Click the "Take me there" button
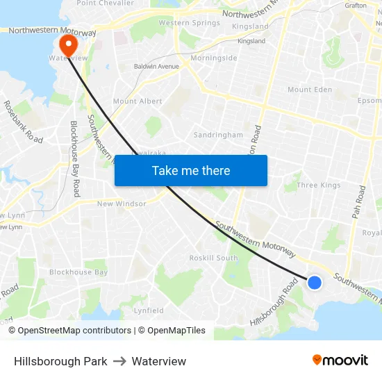pyautogui.click(x=191, y=170)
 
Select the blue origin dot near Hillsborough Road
pyautogui.click(x=315, y=282)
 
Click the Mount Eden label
pyautogui.click(x=310, y=90)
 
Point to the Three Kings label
pyautogui.click(x=318, y=185)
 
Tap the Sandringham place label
pyautogui.click(x=218, y=135)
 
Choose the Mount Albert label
pyautogui.click(x=138, y=101)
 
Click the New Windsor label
pyautogui.click(x=122, y=204)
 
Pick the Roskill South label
pyautogui.click(x=213, y=258)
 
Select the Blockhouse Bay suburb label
pyautogui.click(x=78, y=272)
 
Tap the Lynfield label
pyautogui.click(x=149, y=310)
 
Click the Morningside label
pyautogui.click(x=213, y=58)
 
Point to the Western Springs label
pyautogui.click(x=190, y=23)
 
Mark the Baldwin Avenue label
pyautogui.click(x=156, y=67)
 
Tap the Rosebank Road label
pyautogui.click(x=24, y=122)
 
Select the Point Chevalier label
pyautogui.click(x=105, y=3)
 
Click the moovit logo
pyautogui.click(x=340, y=360)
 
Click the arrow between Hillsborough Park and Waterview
pyautogui.click(x=119, y=361)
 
